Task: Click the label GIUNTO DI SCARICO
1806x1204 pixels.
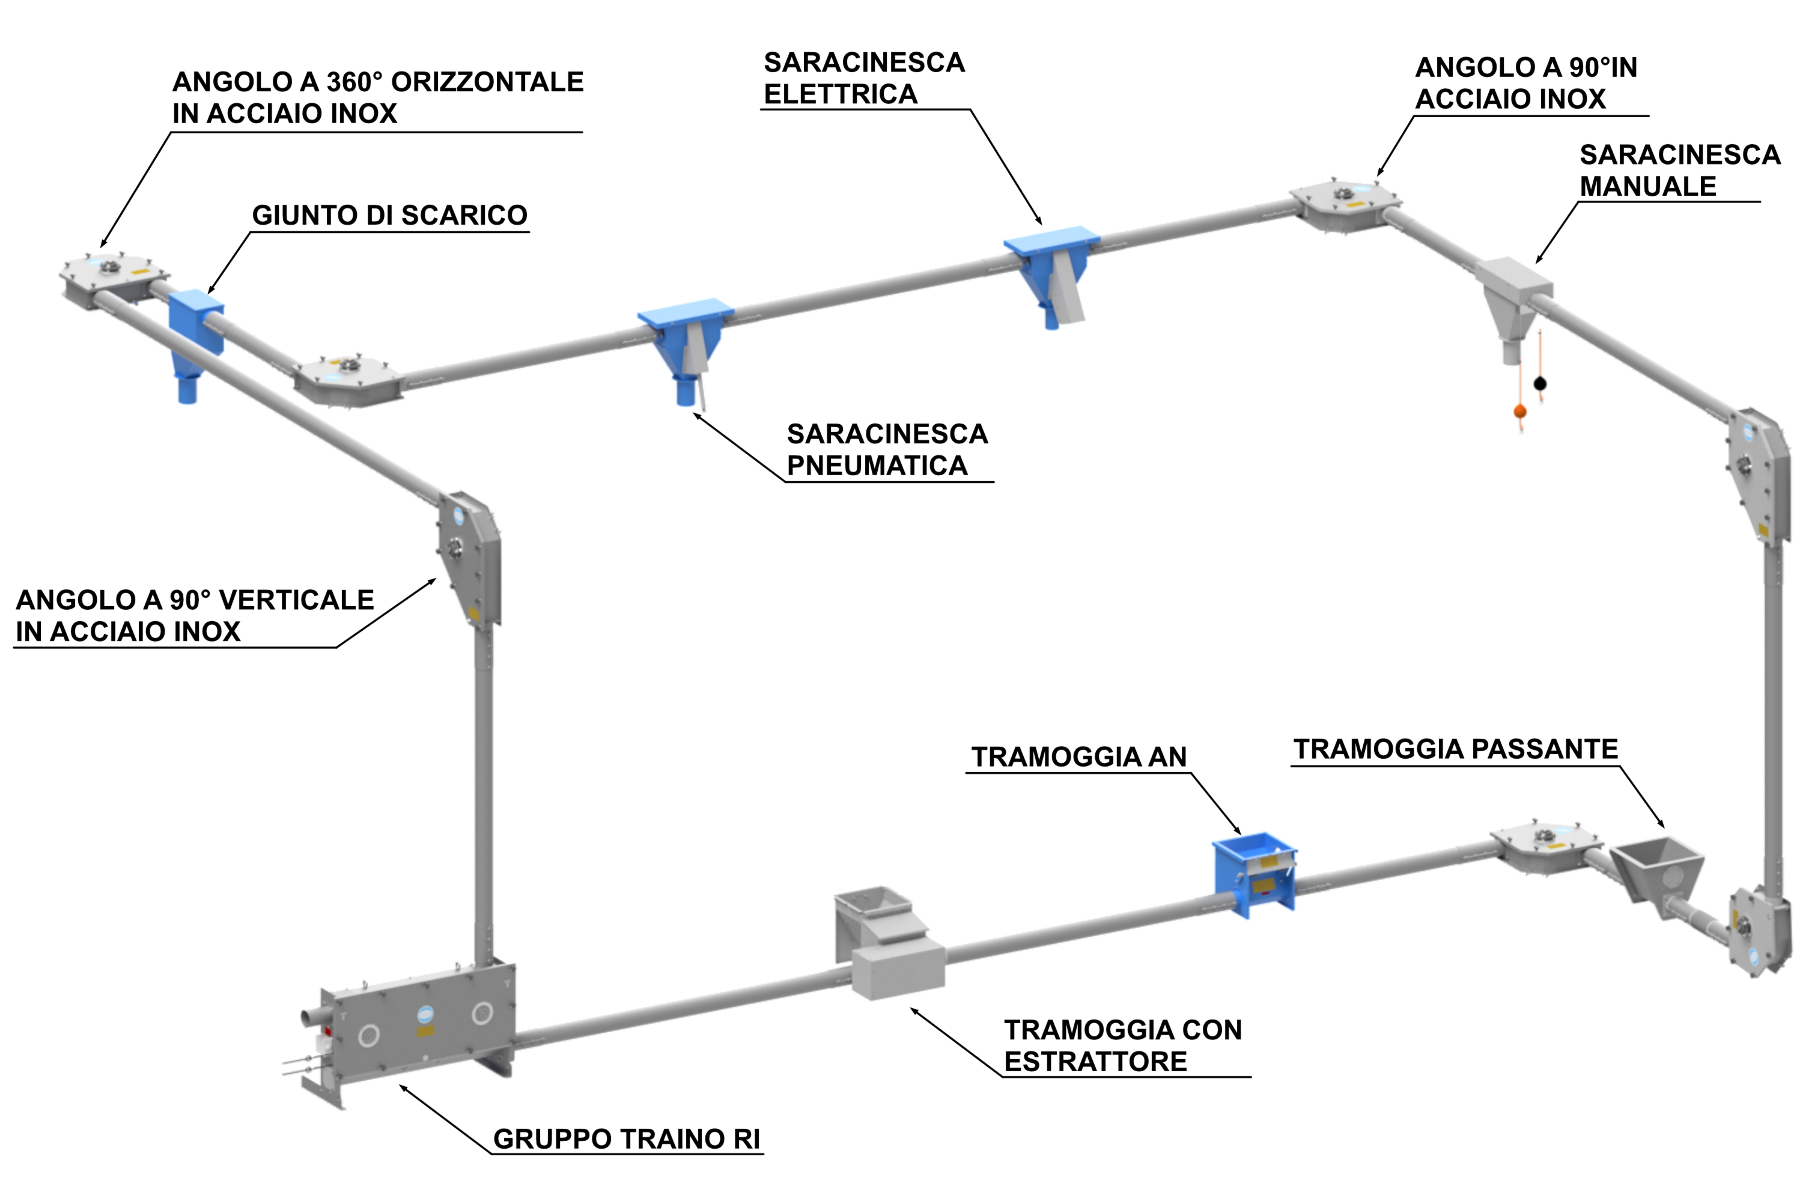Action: (x=389, y=215)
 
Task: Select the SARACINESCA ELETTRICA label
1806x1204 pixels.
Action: (x=864, y=78)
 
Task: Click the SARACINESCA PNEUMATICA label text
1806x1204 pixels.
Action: (x=887, y=450)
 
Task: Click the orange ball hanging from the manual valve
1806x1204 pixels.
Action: (x=1519, y=412)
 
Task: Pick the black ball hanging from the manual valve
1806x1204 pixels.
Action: (x=1540, y=383)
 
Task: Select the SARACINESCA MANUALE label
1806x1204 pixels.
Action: (x=1679, y=171)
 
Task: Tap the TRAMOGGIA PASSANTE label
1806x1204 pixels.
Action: (x=1456, y=749)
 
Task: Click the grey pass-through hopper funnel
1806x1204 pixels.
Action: (x=1657, y=875)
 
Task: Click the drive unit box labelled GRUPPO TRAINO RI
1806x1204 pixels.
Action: (x=419, y=1021)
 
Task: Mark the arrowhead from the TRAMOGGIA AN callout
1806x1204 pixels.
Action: (x=1238, y=830)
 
